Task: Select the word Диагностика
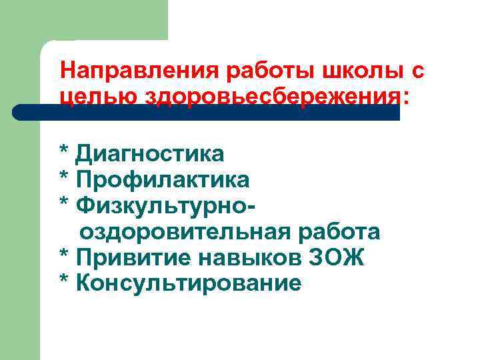click(151, 155)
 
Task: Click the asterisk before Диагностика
click(64, 152)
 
